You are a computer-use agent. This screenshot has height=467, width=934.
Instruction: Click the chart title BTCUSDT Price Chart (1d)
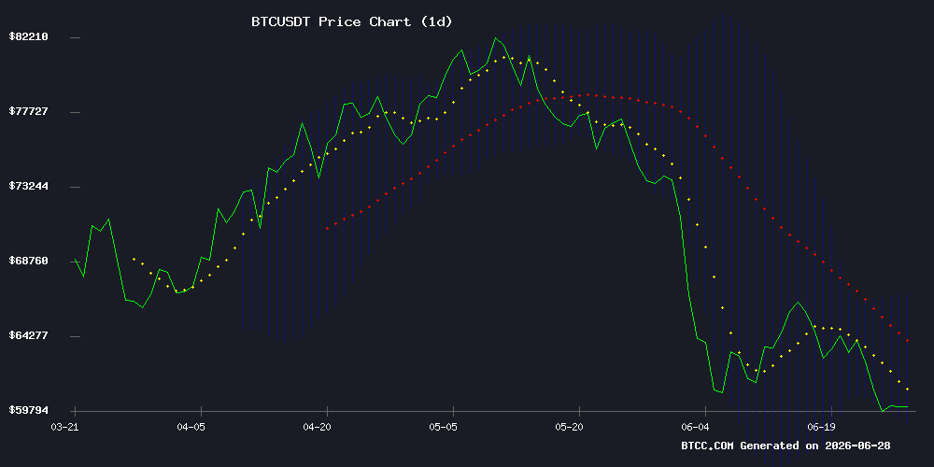[x=351, y=22]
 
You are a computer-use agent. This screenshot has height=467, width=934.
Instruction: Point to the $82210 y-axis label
[x=28, y=37]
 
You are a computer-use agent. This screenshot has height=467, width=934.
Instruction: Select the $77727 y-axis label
[x=28, y=111]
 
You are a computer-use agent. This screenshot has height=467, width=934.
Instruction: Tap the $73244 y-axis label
[x=28, y=186]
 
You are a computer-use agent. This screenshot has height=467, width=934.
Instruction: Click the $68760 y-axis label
[x=28, y=261]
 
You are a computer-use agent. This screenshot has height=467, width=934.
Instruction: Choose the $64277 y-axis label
[x=28, y=335]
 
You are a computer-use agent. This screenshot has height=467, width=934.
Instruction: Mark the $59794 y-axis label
[x=28, y=410]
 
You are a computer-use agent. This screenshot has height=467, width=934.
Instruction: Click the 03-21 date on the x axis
[x=64, y=427]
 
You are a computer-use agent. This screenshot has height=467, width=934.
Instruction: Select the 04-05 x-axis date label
[x=191, y=427]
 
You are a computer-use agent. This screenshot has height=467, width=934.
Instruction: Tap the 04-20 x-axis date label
[x=317, y=427]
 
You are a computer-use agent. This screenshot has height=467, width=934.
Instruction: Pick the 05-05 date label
[x=443, y=427]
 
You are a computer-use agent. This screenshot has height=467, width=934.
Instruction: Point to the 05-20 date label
[x=569, y=427]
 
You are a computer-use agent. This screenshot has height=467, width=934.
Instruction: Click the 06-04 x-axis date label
[x=695, y=427]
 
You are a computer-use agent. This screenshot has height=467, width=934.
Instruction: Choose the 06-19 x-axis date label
[x=821, y=427]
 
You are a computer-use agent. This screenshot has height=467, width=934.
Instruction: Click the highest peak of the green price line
[x=495, y=38]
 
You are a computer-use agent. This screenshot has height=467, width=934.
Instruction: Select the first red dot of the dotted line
[x=327, y=228]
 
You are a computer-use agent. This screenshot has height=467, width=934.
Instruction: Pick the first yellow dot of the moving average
[x=134, y=259]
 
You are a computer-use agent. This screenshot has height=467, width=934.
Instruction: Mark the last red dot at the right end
[x=907, y=341]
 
